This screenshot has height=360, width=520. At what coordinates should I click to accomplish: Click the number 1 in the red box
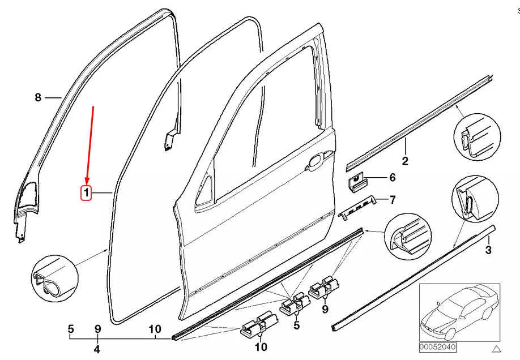coord(87,194)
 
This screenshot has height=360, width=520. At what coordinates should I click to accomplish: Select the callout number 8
coord(38,97)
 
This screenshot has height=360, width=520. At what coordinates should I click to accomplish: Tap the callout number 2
coord(405,161)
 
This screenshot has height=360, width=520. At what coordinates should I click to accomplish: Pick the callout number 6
coord(392,178)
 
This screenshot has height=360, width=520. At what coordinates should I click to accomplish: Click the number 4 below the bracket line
coord(97,349)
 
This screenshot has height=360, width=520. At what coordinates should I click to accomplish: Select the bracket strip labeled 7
coord(358,207)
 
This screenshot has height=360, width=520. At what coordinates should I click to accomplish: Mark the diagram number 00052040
coord(438,346)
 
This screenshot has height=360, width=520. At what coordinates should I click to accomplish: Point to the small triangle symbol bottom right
coord(497,348)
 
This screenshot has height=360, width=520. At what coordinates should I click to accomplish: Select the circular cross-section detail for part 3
coord(471,202)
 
